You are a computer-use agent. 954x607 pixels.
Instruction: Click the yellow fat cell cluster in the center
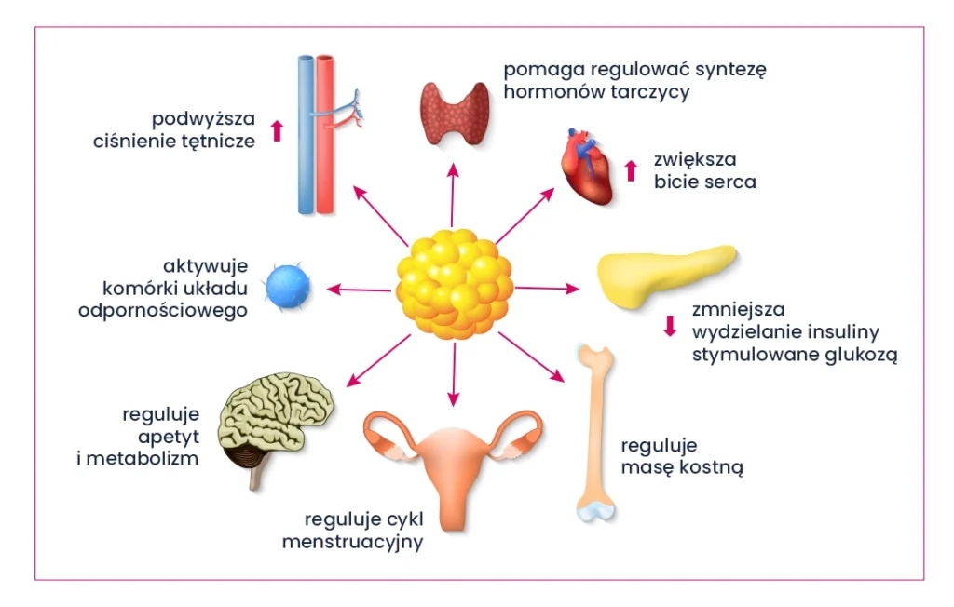tap(454, 285)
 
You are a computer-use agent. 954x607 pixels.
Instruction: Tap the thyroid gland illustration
tap(454, 113)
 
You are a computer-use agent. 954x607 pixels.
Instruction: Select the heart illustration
tap(588, 167)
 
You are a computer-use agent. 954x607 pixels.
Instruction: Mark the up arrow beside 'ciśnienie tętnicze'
tap(276, 130)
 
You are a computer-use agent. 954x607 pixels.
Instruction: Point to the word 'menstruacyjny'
tap(353, 541)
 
